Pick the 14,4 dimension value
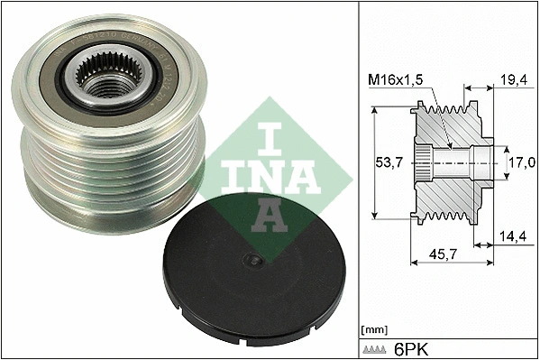click(x=513, y=235)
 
